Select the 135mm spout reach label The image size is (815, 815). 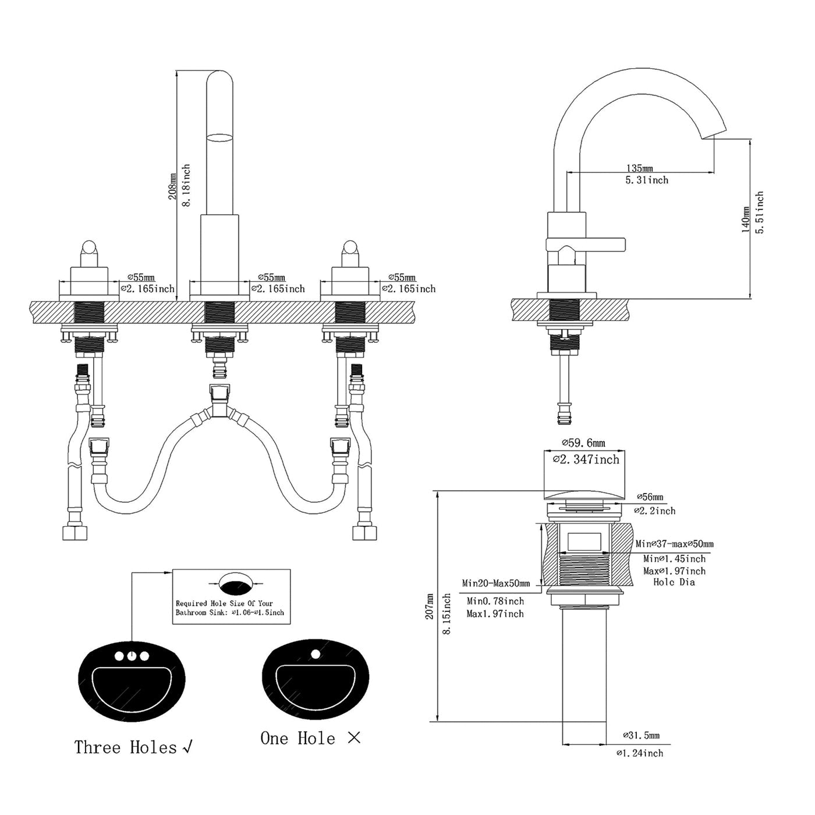[639, 169]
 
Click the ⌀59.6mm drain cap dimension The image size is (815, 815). [583, 443]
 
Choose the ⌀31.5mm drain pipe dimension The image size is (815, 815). [641, 736]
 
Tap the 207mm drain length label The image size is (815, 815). [430, 606]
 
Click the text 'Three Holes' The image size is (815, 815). [125, 747]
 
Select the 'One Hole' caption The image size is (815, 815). [297, 739]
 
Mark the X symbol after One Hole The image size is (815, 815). [354, 738]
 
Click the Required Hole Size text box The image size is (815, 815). [231, 597]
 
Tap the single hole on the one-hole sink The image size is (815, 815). [316, 654]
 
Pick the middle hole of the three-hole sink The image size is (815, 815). [132, 656]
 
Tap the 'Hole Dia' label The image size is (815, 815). [674, 582]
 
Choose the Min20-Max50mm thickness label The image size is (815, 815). [496, 583]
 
